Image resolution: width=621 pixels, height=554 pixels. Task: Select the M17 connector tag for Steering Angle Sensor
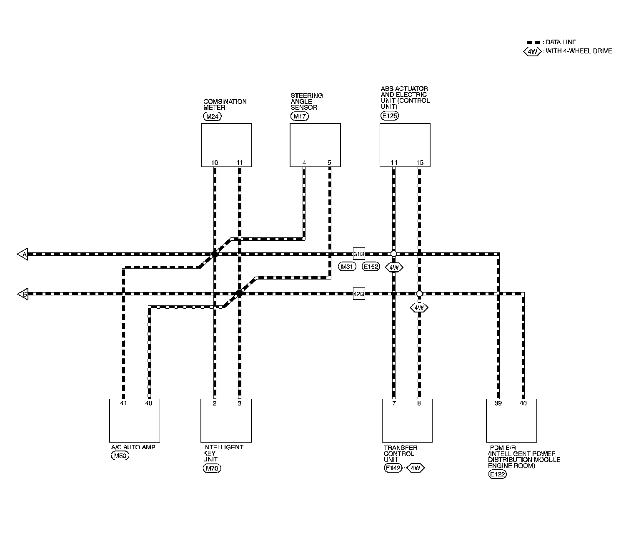(299, 116)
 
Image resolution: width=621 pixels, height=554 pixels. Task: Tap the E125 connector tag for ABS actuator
(389, 116)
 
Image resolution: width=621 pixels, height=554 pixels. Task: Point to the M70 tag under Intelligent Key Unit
(211, 468)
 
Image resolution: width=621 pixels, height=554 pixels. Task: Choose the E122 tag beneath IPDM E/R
(497, 474)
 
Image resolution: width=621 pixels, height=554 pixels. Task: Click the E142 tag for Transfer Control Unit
(393, 468)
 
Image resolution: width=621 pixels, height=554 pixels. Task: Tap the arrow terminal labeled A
(23, 254)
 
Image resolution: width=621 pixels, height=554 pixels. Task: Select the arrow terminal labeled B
(23, 294)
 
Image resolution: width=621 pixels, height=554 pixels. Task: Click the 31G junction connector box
(359, 254)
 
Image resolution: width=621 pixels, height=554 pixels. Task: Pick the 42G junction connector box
(359, 294)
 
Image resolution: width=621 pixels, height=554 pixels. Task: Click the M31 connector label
(348, 267)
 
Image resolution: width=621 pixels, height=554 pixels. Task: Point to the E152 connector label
(371, 267)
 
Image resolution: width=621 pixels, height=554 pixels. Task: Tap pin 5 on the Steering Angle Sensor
(329, 163)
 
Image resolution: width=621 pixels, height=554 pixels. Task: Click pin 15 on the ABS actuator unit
(420, 163)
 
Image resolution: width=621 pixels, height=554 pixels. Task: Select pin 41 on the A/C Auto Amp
(123, 403)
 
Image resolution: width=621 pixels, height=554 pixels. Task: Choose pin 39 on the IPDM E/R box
(498, 403)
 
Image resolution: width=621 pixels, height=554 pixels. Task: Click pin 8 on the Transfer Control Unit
(419, 403)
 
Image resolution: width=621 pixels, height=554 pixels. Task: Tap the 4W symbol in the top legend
(532, 51)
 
